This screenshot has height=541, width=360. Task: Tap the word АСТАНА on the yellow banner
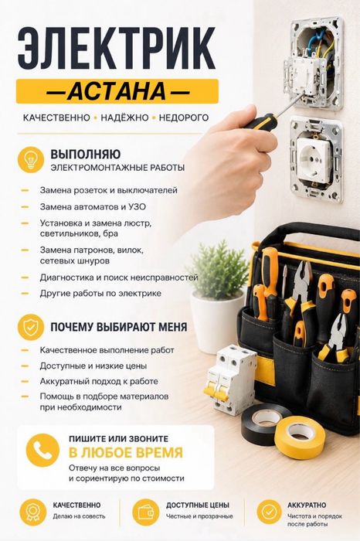(x=117, y=91)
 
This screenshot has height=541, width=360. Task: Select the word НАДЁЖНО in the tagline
(x=124, y=117)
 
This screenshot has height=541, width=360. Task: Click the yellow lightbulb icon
(x=31, y=159)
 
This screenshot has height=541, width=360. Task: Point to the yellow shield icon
(x=31, y=327)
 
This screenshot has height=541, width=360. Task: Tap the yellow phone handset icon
(x=42, y=451)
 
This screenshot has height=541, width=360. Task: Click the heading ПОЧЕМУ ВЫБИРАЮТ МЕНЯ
(x=119, y=327)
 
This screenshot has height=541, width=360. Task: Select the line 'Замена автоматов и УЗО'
(x=93, y=206)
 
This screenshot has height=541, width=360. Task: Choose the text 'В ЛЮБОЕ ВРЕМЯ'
(x=126, y=452)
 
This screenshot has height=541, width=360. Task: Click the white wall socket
(x=315, y=161)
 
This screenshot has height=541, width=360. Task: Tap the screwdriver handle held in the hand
(x=260, y=123)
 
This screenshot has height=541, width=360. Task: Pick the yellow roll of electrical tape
(x=300, y=437)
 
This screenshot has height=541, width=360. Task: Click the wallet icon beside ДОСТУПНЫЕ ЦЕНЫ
(x=146, y=512)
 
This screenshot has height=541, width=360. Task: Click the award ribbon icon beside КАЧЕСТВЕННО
(x=32, y=512)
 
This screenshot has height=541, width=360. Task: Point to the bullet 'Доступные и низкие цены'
(x=93, y=366)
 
